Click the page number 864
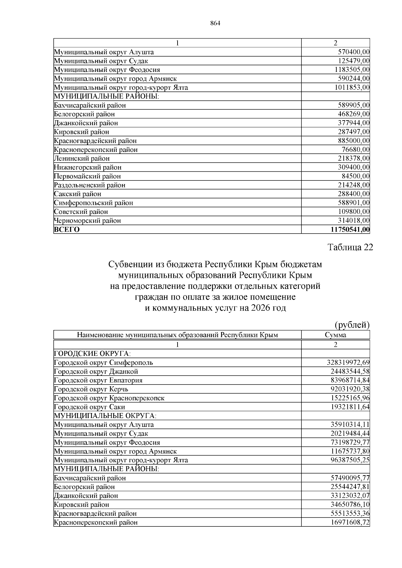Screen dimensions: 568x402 point(215,23)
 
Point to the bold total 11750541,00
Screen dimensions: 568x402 point(350,230)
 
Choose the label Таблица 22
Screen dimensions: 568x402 point(350,247)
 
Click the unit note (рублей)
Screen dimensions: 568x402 point(352,325)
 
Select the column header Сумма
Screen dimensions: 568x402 point(335,335)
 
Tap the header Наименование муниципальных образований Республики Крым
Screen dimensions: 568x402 point(177,335)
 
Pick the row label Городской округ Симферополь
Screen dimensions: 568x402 point(104,362)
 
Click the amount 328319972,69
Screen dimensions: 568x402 point(348,362)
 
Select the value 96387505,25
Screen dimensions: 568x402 point(350,460)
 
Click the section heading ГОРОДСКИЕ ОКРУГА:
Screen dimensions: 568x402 point(92,354)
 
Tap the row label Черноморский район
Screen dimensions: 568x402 point(87,221)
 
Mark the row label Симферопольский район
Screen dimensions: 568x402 point(93,203)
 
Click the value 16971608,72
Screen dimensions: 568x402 point(350,522)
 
